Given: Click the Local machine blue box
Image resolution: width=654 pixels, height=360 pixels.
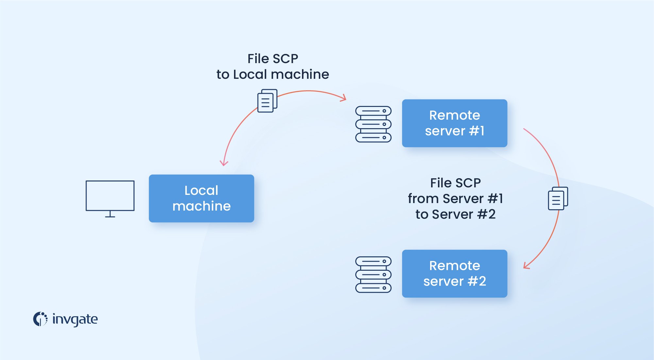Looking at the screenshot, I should tap(201, 198).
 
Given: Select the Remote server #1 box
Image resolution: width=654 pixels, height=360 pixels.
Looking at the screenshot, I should tap(454, 123).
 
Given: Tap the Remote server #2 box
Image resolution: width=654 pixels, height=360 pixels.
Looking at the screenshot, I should tap(454, 273).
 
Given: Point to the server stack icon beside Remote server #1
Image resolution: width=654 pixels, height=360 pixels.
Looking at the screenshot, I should tap(373, 124).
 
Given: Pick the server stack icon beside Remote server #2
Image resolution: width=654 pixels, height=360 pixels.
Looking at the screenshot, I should tap(373, 274).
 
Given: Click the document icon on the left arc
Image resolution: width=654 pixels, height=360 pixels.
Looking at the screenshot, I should tap(267, 101).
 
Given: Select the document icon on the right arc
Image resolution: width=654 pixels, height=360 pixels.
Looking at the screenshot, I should tap(558, 198).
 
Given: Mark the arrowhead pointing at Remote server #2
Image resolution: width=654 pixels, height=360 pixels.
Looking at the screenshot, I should tap(526, 266).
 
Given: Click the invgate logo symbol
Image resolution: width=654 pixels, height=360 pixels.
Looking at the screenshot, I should tap(40, 319).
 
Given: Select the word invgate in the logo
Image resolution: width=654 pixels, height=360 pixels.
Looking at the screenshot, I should tap(75, 319).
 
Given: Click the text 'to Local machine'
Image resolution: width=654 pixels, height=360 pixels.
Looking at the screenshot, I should tap(273, 75).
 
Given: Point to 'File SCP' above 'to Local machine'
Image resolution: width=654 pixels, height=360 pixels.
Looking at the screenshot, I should tap(273, 59).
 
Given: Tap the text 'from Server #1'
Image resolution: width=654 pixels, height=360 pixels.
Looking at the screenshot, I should tap(455, 198).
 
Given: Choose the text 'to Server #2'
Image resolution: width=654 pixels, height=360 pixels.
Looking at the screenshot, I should tap(455, 214).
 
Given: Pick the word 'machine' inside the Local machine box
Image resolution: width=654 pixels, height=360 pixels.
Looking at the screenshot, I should tap(201, 206).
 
